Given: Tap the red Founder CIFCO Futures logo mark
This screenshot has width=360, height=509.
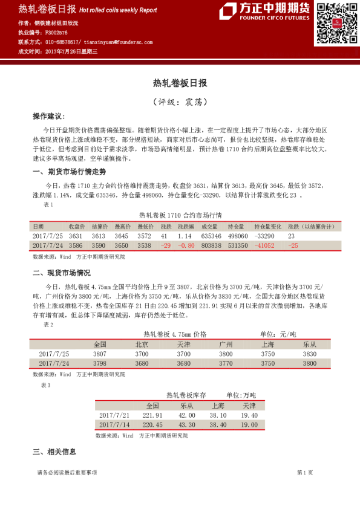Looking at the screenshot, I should point(227,11).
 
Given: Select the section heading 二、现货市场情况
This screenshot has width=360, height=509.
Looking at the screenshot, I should point(61,273).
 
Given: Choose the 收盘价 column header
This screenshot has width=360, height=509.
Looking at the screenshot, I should point(76,226).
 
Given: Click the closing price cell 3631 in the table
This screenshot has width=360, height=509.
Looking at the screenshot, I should point(76,236).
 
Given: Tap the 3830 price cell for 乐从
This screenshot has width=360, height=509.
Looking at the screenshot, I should point(309,354).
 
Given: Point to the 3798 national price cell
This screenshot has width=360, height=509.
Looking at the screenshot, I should point(100,363).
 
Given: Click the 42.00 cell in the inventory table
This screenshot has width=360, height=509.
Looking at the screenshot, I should point(186,415).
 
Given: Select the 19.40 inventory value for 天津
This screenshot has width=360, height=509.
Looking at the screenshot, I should point(249,415).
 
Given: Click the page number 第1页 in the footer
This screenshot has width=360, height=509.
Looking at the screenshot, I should point(304,472).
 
